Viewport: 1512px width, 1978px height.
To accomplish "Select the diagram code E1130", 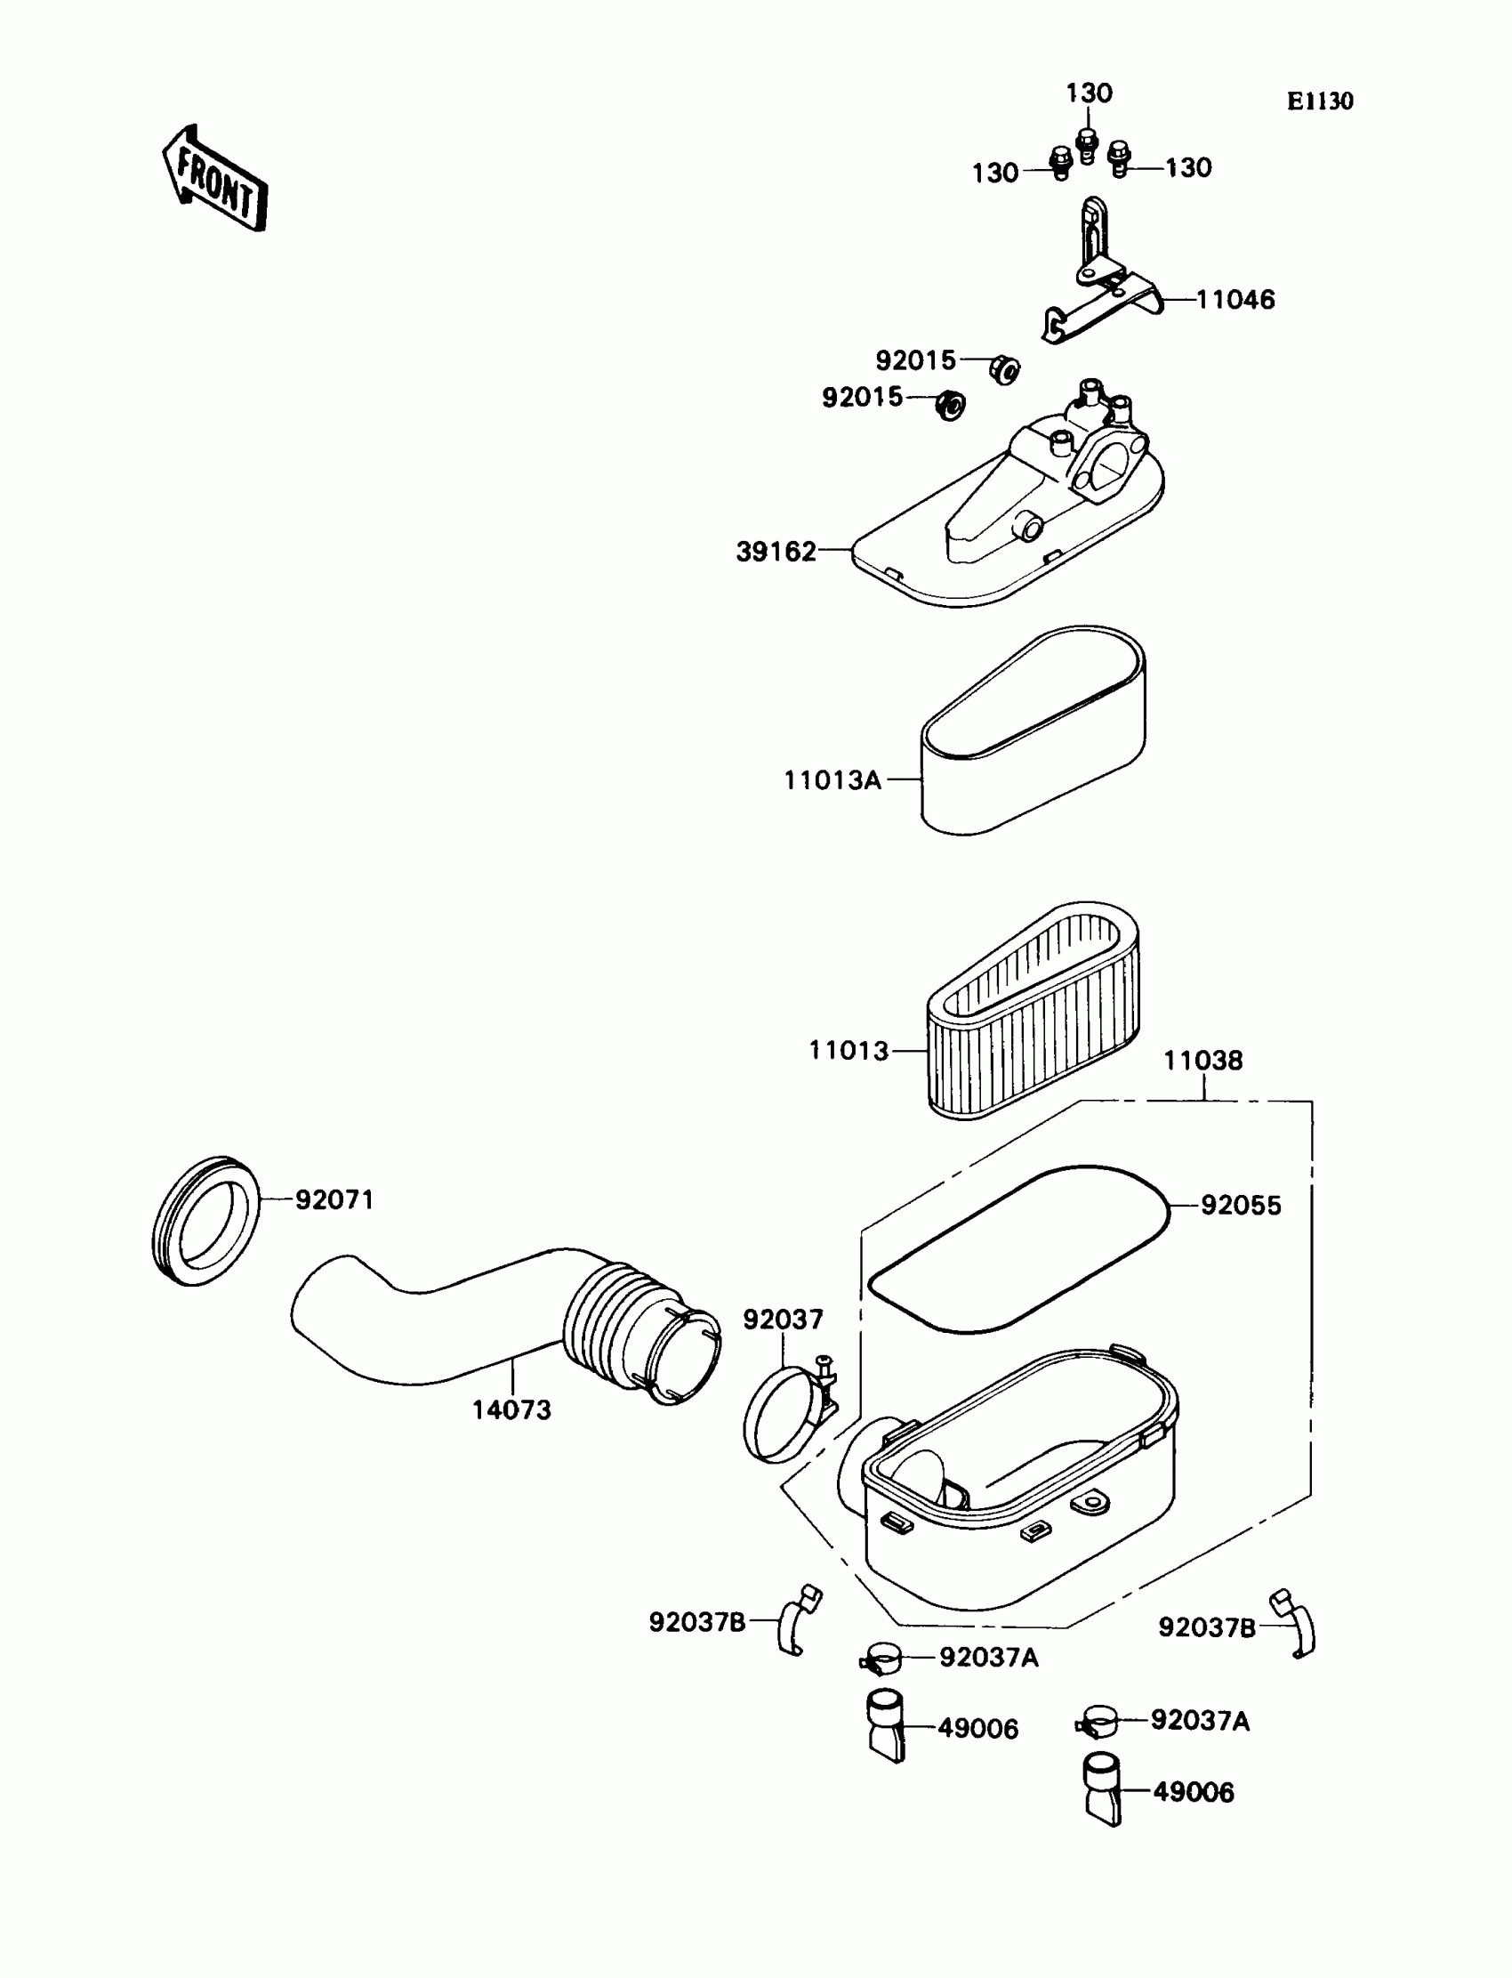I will click(x=1319, y=101).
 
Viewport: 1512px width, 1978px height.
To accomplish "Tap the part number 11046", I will click(x=1235, y=300).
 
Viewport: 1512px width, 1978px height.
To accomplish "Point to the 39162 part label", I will click(x=776, y=552).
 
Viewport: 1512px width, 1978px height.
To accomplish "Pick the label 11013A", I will click(x=832, y=780).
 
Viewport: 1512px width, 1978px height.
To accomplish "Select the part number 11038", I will click(x=1203, y=1061).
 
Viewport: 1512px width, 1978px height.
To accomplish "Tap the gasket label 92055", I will click(x=1240, y=1206).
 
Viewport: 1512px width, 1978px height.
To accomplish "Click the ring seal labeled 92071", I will click(x=206, y=1221).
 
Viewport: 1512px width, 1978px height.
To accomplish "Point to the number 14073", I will click(x=511, y=1410).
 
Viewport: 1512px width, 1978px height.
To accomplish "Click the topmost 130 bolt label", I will click(x=1089, y=93).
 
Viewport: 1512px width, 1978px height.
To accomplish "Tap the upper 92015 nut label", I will click(x=915, y=361).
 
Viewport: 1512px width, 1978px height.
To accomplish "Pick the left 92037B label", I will click(x=696, y=1622).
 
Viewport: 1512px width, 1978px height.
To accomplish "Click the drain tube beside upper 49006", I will click(x=887, y=1725).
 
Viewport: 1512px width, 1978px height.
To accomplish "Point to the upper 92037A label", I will click(x=989, y=1658).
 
